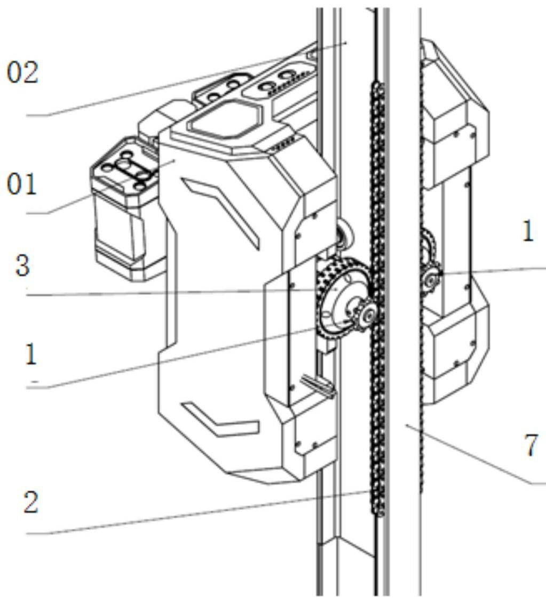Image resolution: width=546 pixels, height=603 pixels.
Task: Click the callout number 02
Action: tap(23, 73)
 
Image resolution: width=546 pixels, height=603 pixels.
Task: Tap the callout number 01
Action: tap(21, 184)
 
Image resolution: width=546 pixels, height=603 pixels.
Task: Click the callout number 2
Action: tap(31, 502)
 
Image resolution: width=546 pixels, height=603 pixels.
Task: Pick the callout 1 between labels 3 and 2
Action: tap(31, 354)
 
